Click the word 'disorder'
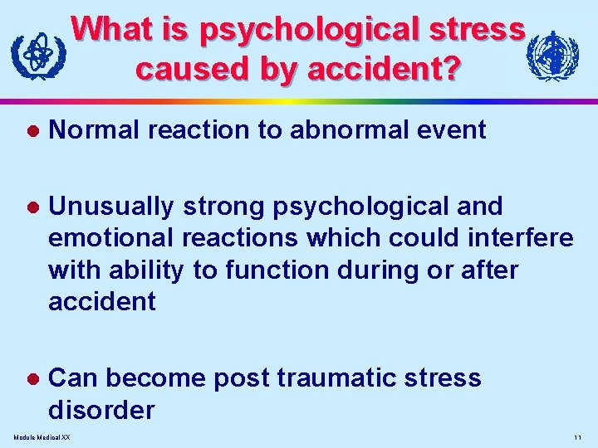tap(101, 410)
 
